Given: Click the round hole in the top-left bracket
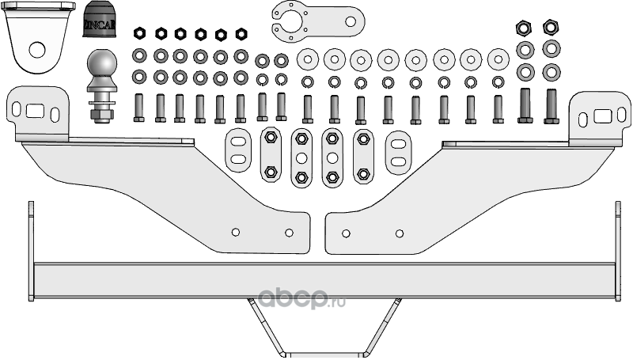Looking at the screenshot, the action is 36,49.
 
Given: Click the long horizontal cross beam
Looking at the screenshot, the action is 316,277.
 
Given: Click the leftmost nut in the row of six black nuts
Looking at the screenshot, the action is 139,33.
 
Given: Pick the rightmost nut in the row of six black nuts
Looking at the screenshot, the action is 241,33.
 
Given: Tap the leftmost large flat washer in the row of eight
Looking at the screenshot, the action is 307,59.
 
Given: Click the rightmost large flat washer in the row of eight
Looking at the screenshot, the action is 498,59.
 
